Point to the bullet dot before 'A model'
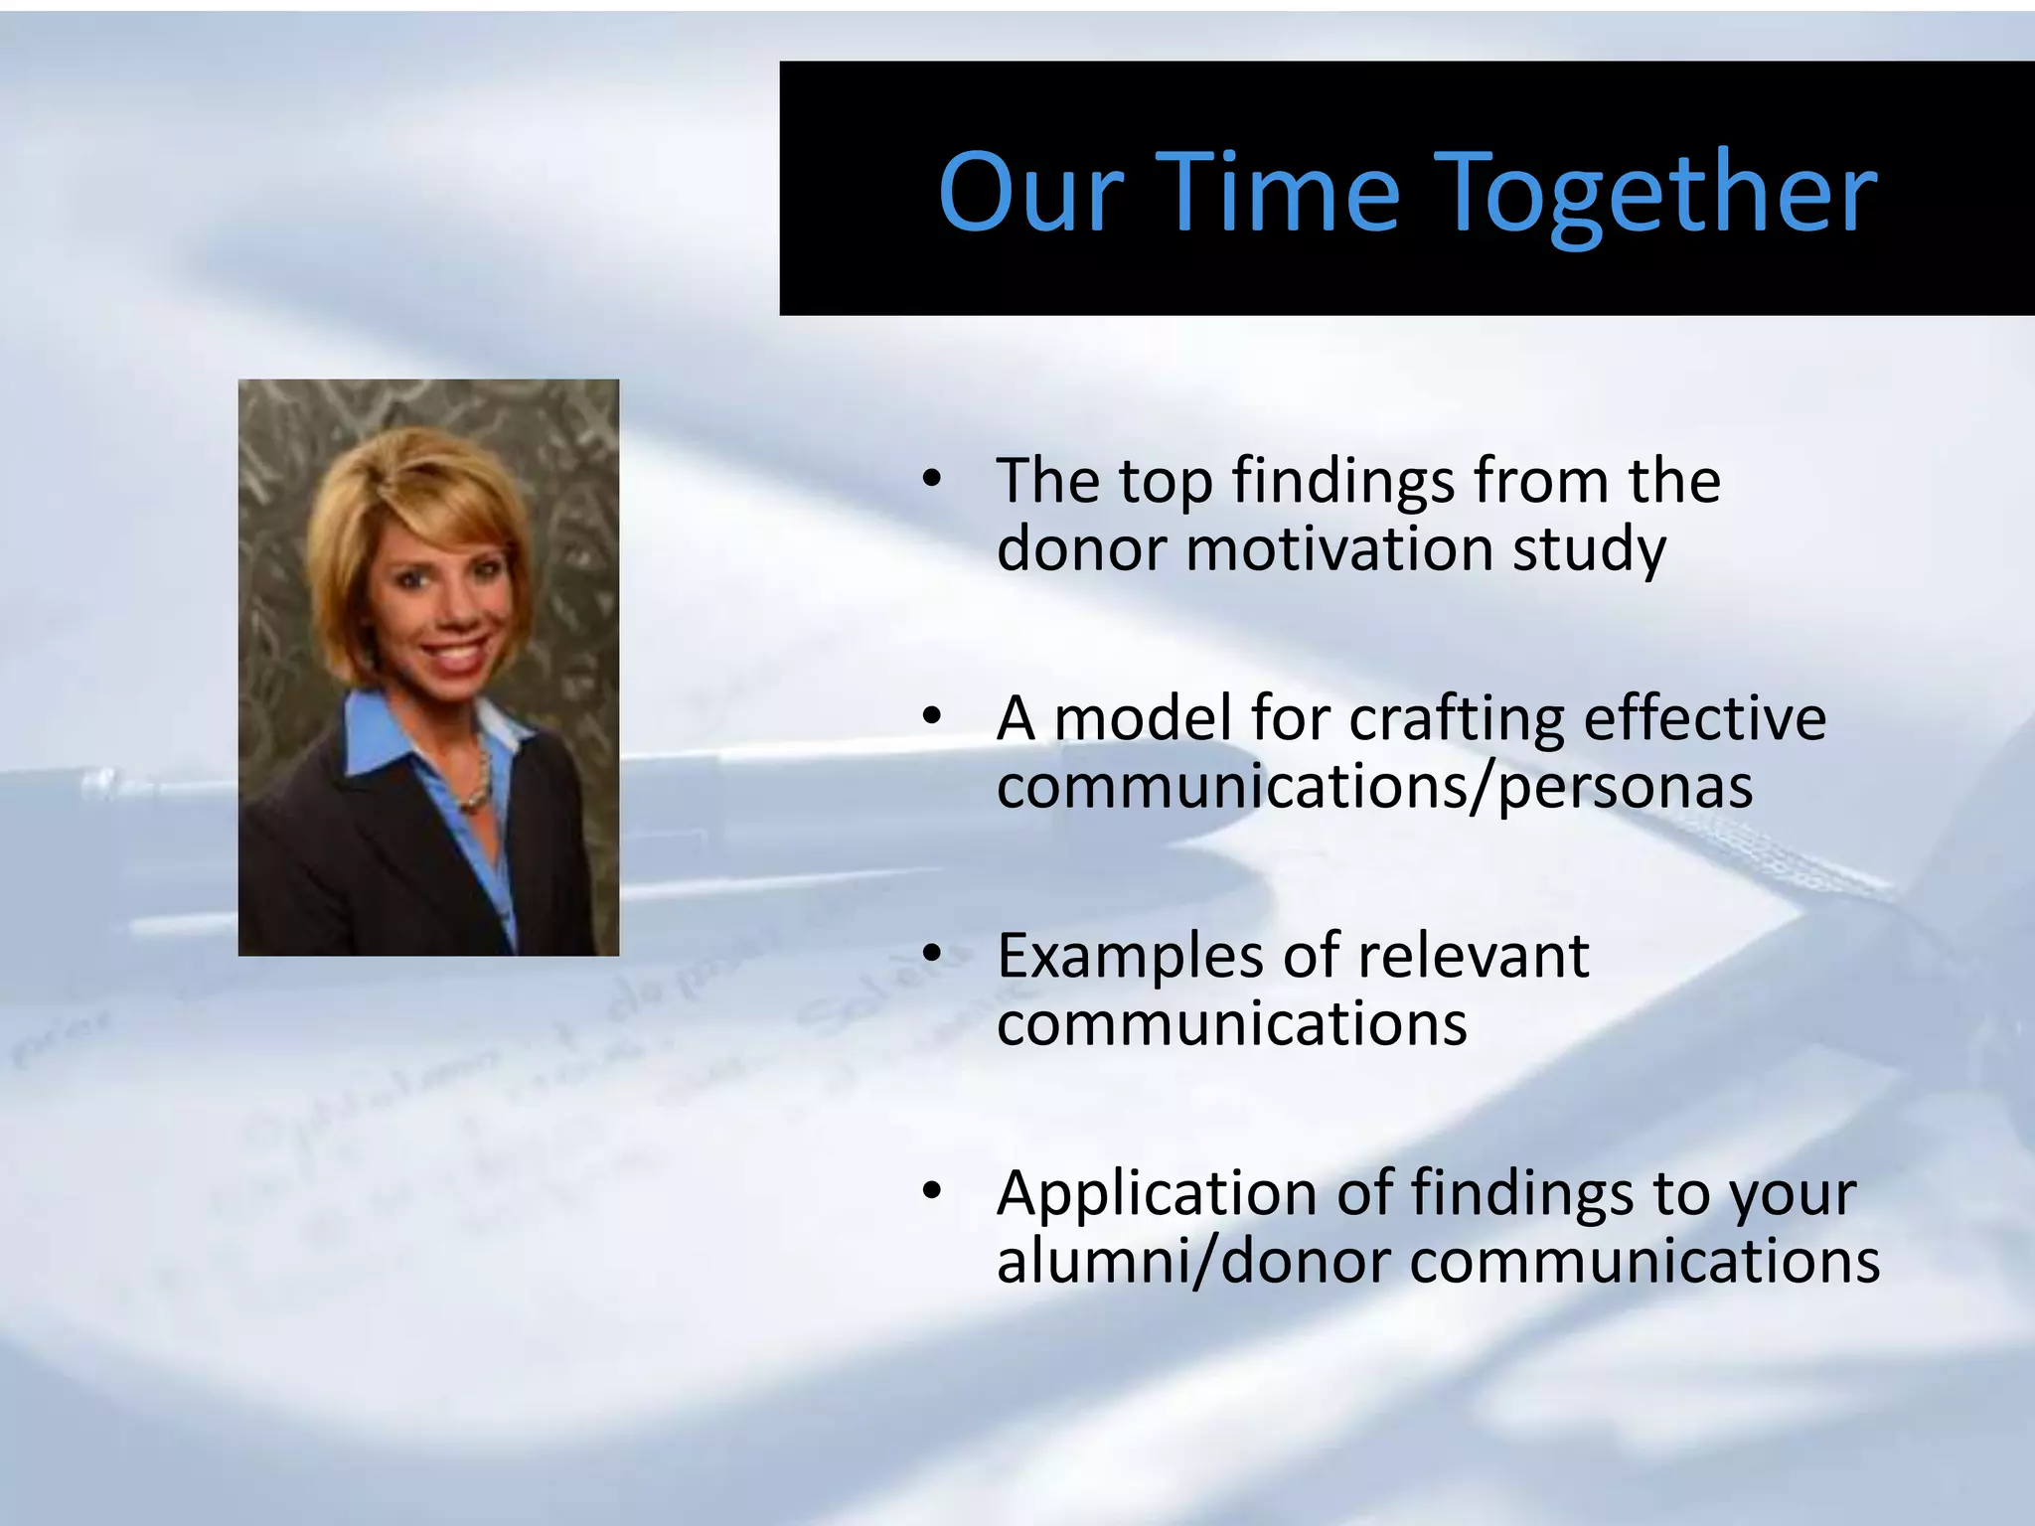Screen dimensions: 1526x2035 (930, 717)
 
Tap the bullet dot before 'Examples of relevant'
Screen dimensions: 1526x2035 (930, 955)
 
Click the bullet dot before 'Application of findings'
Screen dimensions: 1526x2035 (930, 1191)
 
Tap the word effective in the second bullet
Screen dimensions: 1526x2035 (1704, 717)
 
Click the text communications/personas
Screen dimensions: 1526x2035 (1374, 787)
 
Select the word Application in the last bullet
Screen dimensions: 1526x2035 (1157, 1193)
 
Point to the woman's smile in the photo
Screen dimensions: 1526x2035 (456, 655)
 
